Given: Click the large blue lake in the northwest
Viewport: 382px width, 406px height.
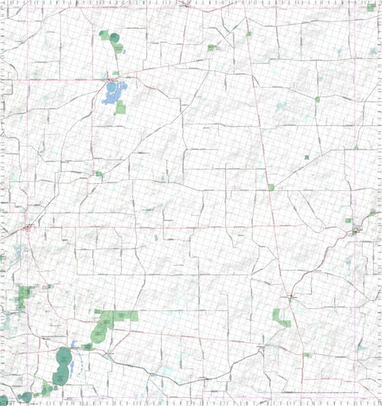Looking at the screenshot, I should (x=111, y=92).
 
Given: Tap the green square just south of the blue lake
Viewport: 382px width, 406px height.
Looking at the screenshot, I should (x=120, y=107).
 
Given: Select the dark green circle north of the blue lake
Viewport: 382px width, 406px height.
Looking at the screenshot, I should (x=116, y=37).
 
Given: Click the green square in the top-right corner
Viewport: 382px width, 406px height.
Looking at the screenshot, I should (x=372, y=8).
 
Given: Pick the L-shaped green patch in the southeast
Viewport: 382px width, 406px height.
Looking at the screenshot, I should (x=281, y=316).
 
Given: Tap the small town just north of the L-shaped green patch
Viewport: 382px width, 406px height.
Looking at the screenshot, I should (x=291, y=299).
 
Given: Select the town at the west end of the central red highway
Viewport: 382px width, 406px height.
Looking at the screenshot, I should (x=29, y=228).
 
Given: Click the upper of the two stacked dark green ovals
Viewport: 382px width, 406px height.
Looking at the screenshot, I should (x=64, y=356).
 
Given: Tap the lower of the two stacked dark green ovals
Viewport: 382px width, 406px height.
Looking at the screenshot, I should (x=60, y=377).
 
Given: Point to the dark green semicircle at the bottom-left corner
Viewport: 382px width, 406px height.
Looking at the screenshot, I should (x=4, y=400).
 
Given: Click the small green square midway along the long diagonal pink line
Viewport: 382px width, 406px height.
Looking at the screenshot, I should (x=271, y=188).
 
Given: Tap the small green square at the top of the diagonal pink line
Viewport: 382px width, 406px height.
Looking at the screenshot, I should (x=248, y=34).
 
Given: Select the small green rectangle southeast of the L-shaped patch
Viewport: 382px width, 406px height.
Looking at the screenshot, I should (x=307, y=354).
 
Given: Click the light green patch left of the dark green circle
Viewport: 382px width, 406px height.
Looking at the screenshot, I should (x=104, y=35).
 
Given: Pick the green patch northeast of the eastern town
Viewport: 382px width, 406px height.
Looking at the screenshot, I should (x=372, y=213).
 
